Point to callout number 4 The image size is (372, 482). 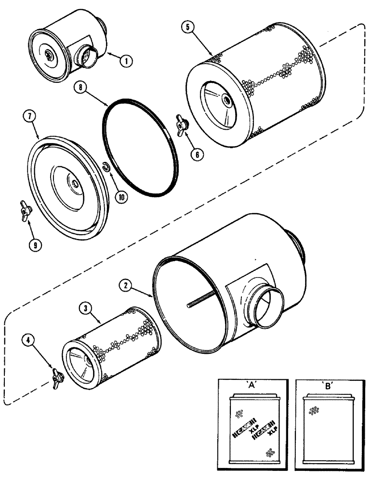(x=30, y=341)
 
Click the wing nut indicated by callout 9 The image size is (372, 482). (x=25, y=209)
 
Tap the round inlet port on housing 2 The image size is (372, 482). (x=266, y=308)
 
